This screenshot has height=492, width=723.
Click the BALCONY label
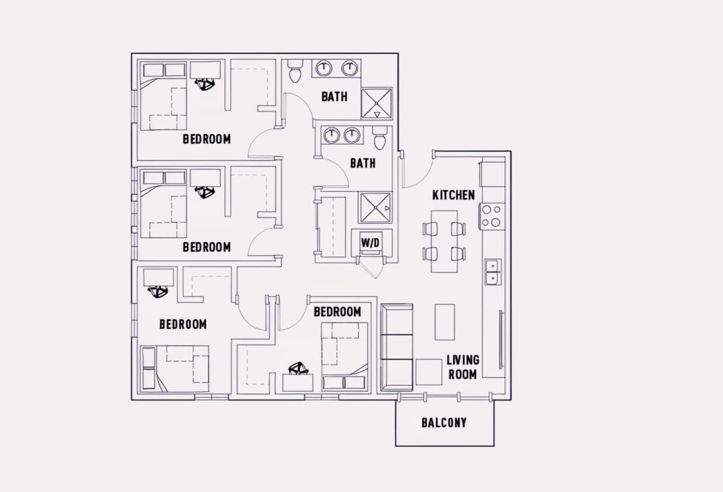click(444, 423)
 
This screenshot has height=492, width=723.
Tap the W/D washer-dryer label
click(370, 242)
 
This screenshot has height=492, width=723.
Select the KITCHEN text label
click(454, 195)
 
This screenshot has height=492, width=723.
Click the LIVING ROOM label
click(463, 367)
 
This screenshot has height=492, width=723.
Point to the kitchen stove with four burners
click(492, 216)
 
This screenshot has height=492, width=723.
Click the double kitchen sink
click(493, 272)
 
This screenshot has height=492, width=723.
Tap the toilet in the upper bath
click(295, 71)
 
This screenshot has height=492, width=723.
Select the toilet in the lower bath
click(380, 138)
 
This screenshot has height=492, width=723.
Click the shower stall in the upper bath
click(377, 103)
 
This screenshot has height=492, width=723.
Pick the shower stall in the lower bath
click(375, 208)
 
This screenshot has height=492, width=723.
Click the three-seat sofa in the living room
click(396, 347)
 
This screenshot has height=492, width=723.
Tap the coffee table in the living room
click(445, 322)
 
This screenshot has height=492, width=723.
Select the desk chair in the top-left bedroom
click(205, 84)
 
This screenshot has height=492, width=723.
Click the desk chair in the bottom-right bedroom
click(298, 368)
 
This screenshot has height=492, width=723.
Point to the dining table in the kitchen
click(445, 242)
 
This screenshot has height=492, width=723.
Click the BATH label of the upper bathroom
click(334, 96)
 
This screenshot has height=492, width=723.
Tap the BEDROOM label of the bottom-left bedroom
click(183, 324)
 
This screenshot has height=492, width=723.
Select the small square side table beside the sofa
click(428, 372)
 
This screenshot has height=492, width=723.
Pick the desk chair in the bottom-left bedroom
click(158, 292)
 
